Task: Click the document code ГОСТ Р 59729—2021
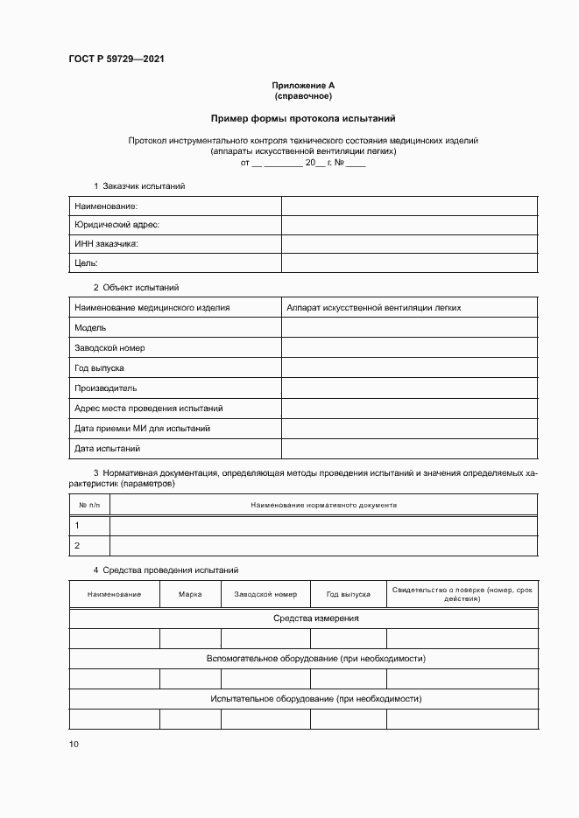coord(117,59)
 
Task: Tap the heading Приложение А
coord(303,85)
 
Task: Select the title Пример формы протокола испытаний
coord(303,118)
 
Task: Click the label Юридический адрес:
coord(117,225)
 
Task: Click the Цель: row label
coord(86,263)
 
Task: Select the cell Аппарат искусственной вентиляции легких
coord(374,308)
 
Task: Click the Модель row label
coord(90,327)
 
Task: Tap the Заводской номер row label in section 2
coord(109,348)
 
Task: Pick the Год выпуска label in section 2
coord(99,368)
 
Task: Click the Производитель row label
coord(105,388)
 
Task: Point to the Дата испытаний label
coord(107,449)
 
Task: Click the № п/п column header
coord(89,505)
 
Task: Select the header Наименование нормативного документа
coord(324,505)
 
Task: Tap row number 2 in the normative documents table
coord(78,545)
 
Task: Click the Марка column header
coord(190,594)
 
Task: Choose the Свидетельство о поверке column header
coord(462,594)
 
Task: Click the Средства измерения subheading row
coord(303,619)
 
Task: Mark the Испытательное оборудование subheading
coord(303,699)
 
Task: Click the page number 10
coord(73,745)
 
